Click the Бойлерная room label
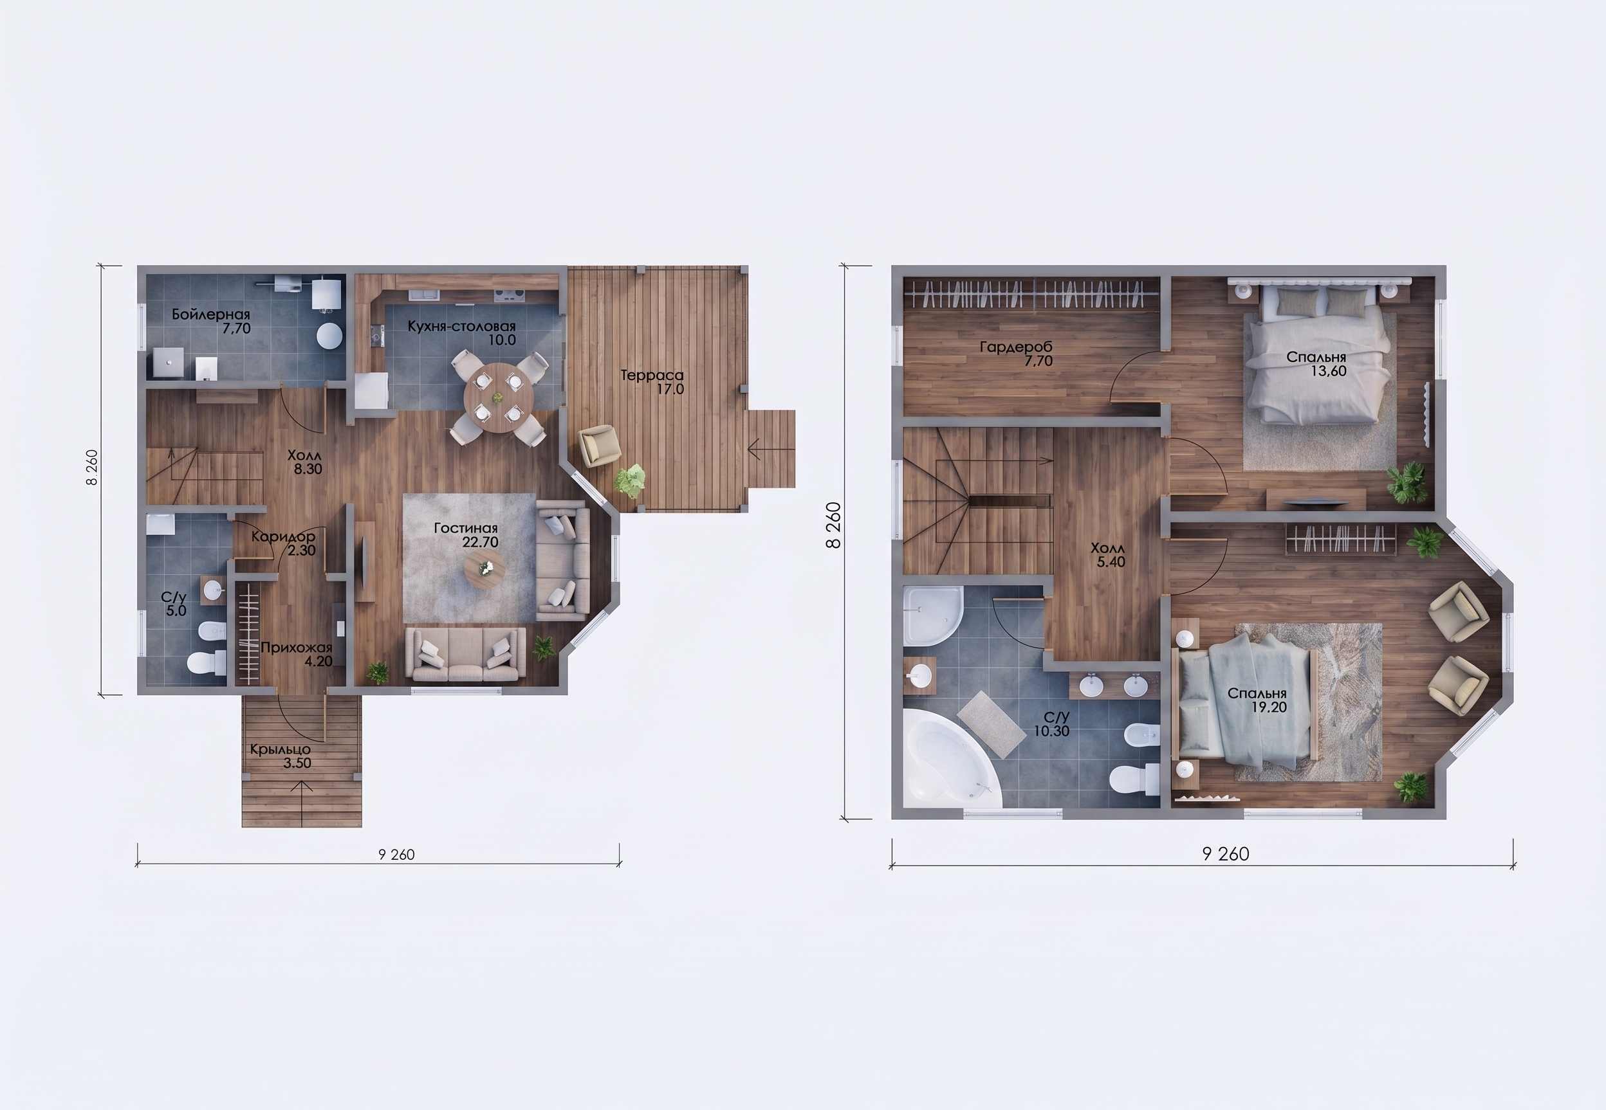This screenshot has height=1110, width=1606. (x=211, y=315)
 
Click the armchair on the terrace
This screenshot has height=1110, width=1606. (x=599, y=445)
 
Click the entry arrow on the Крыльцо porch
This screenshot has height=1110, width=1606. (x=302, y=795)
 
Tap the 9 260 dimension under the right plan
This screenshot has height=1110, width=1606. (x=1226, y=854)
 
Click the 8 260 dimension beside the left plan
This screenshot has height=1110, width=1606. (x=93, y=468)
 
